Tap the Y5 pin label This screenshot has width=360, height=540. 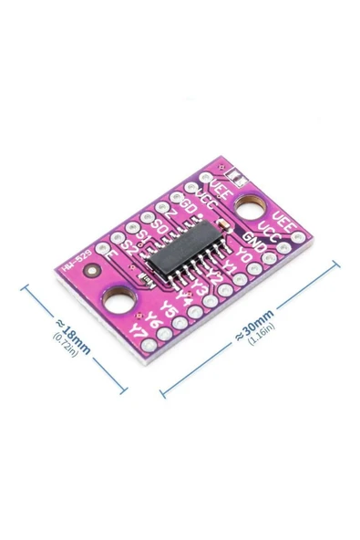168,308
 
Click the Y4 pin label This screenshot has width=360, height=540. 184,297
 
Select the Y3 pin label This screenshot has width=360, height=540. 200,286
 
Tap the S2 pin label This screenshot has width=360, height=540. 129,246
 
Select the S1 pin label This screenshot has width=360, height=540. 144,235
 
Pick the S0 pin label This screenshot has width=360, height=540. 159,224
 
